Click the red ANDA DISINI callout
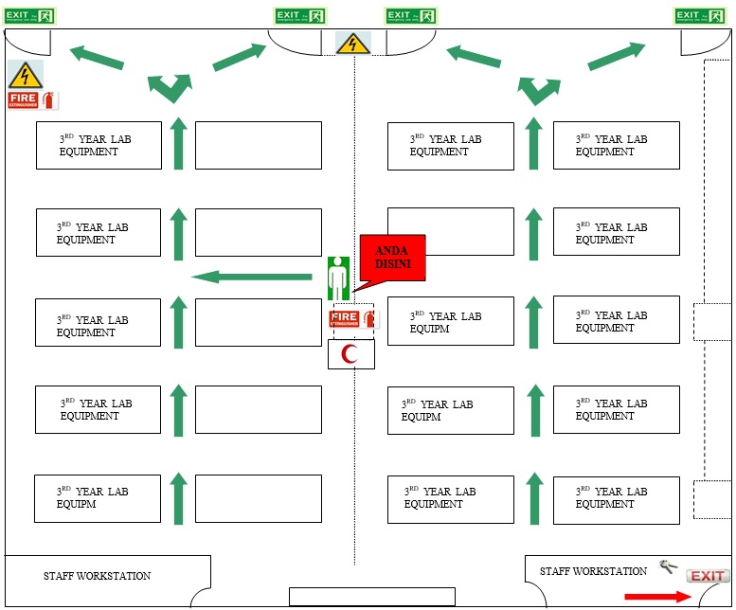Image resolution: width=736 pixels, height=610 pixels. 392,256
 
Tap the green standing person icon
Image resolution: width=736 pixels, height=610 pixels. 338,278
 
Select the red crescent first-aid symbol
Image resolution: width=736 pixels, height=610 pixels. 350,354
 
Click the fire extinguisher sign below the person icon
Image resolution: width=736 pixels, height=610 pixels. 351,319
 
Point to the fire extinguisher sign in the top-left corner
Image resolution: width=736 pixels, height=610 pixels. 32,99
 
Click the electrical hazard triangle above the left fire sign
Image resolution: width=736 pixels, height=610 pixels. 26,75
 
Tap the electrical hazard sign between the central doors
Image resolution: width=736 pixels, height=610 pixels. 352,44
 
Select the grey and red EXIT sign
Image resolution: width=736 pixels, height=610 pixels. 708,576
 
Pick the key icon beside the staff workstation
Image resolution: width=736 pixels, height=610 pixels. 669,566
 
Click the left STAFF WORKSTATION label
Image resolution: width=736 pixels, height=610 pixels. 97,576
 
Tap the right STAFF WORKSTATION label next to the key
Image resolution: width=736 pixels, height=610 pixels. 593,571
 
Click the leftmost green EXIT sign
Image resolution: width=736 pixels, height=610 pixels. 31,15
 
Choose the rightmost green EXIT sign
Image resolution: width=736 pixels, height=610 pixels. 700,16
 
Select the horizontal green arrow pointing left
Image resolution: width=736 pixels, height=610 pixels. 252,277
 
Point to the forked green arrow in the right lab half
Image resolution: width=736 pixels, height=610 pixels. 536,89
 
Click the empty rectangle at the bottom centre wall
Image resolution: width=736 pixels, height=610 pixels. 371,597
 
